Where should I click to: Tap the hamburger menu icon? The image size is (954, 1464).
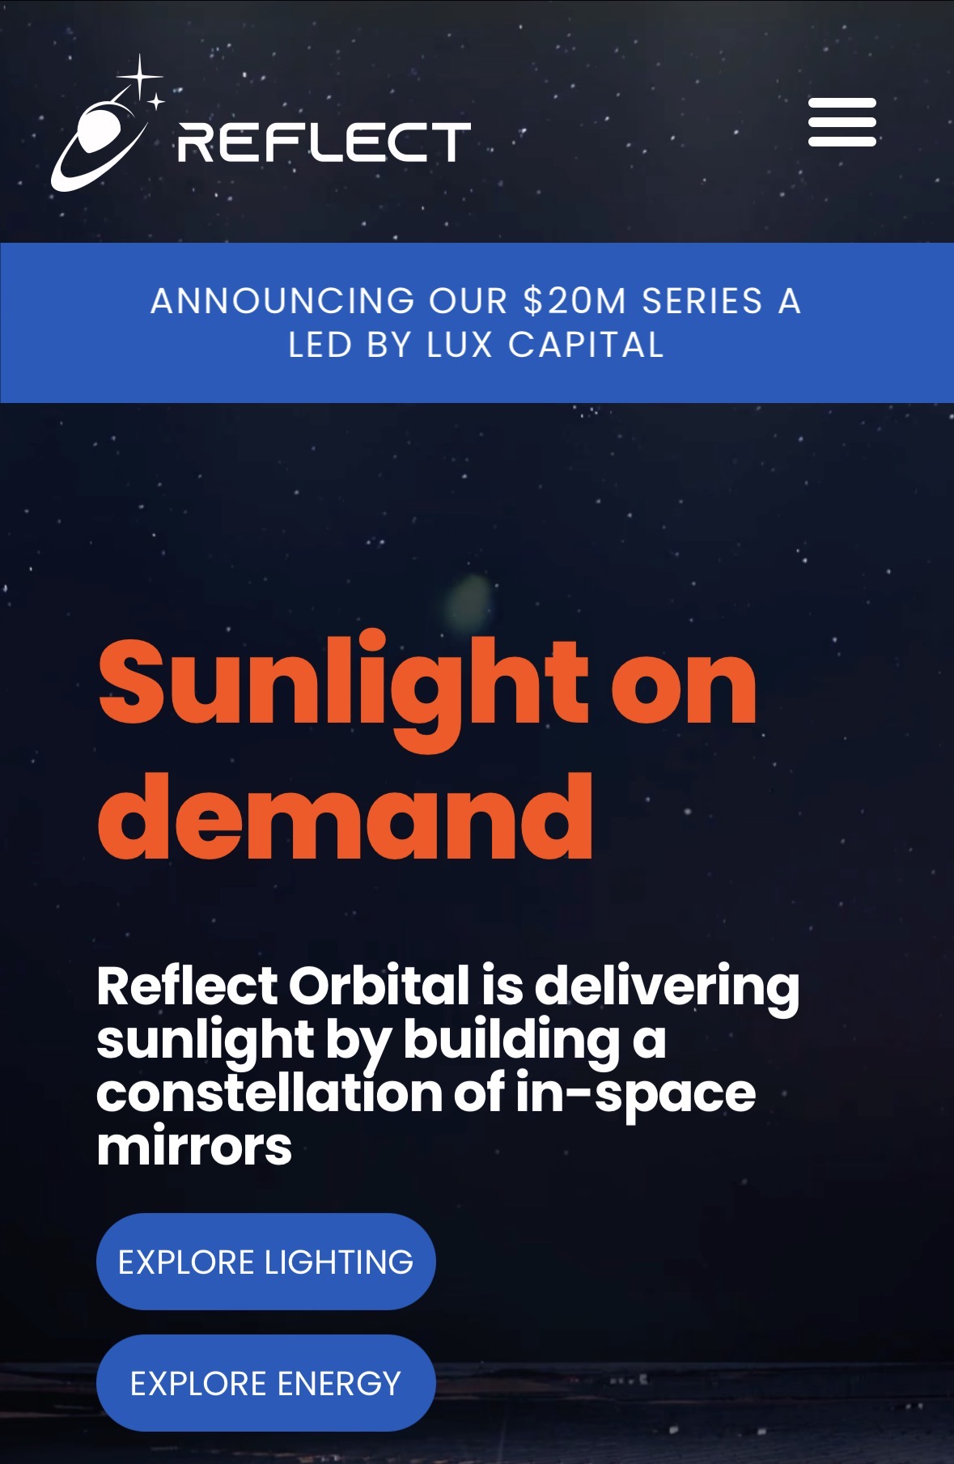point(842,122)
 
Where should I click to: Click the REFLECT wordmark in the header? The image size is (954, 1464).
point(324,142)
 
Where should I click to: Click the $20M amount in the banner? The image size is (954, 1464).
point(575,301)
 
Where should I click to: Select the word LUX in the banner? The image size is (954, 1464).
point(460,346)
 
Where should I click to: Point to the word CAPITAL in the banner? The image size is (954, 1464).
point(587,346)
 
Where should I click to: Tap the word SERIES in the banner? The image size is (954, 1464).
point(702,301)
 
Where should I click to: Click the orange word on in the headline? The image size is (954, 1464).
point(684,687)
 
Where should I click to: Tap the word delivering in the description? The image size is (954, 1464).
point(667,990)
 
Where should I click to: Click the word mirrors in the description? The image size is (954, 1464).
point(194,1147)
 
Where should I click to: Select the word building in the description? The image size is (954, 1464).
point(511,1042)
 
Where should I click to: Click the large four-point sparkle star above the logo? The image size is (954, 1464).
point(140,77)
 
